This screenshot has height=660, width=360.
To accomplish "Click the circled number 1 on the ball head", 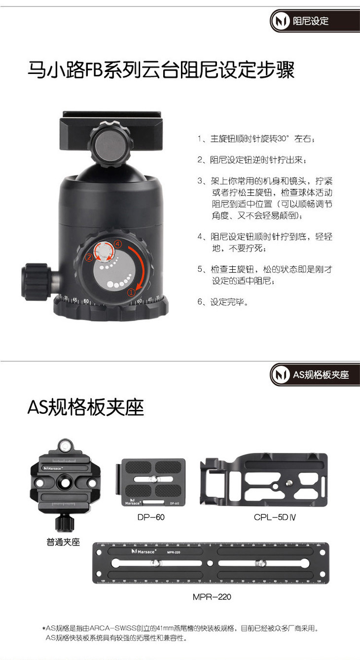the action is [x=131, y=293].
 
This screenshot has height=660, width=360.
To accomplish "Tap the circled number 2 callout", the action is [x=89, y=257].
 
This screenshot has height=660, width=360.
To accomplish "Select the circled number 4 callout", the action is [x=118, y=244].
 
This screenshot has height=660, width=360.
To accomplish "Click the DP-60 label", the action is [x=151, y=517].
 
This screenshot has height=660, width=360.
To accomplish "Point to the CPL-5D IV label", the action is [x=275, y=517].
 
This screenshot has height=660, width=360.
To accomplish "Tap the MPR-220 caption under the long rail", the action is [x=212, y=597].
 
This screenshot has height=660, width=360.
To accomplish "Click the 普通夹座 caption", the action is [x=63, y=542].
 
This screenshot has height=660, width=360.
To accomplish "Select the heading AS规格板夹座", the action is [x=86, y=407].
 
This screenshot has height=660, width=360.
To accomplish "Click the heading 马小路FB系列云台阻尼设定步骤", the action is [x=161, y=70].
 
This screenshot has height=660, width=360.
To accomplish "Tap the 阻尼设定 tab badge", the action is [x=315, y=21].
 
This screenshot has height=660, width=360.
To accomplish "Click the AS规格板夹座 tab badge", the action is [x=315, y=374].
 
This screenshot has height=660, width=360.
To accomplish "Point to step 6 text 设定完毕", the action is [x=223, y=302].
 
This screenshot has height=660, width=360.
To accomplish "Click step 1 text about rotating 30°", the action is [x=256, y=139].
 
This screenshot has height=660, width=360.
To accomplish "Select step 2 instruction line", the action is [x=252, y=160].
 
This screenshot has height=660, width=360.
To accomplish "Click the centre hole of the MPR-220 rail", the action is [x=210, y=563].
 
